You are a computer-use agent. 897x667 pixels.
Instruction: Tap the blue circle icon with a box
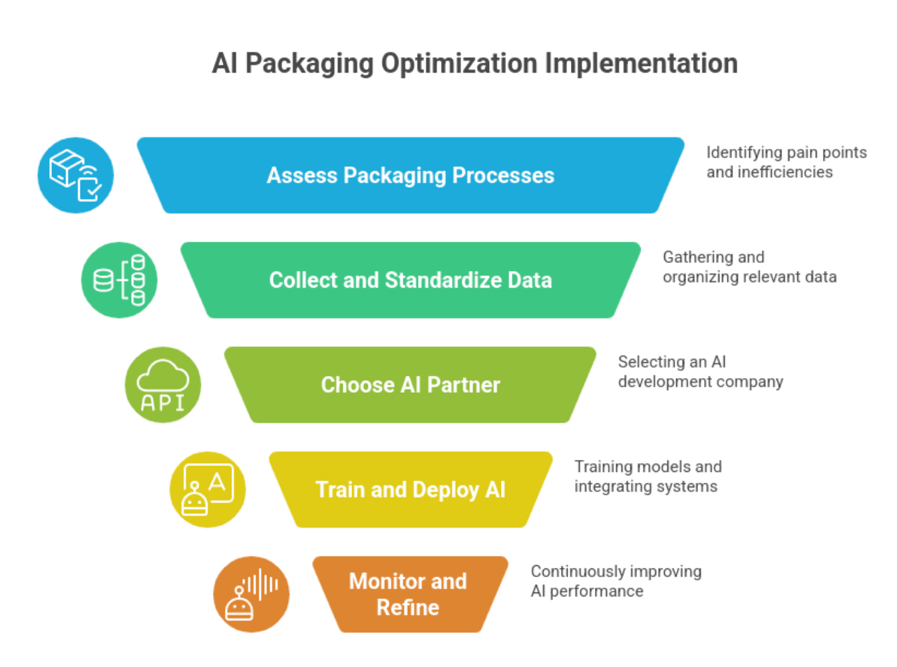point(75,176)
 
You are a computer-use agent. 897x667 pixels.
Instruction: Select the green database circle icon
point(119,280)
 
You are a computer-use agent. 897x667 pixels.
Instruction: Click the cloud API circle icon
point(163,385)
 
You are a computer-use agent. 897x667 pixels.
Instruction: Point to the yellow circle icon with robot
point(208,490)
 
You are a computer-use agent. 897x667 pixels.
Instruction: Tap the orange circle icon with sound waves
point(252,594)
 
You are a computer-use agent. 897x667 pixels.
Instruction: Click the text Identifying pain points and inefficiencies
point(786,162)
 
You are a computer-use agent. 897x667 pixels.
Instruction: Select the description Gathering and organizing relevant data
point(749,267)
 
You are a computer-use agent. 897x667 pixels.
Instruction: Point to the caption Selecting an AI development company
point(700,371)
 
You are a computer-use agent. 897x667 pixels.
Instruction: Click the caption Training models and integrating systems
point(647,477)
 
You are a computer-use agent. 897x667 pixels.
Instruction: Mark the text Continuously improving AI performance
point(616,581)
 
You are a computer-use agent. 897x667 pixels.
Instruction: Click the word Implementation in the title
point(641,64)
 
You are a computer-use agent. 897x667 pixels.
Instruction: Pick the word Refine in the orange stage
point(408,608)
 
